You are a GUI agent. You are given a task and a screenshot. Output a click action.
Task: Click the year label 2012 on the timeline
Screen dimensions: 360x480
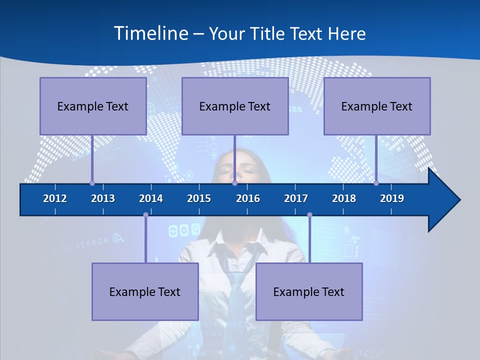coord(55,198)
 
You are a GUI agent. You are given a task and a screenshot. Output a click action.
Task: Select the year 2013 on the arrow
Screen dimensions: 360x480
coord(103,198)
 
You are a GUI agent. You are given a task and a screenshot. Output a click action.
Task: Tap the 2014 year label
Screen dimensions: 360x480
coord(151,198)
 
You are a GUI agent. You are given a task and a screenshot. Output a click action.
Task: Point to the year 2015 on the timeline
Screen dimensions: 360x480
coord(199,198)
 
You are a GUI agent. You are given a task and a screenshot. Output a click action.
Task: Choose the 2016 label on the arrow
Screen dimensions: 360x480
coord(248,198)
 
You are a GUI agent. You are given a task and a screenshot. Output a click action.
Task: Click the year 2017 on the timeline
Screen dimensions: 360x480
coord(296,198)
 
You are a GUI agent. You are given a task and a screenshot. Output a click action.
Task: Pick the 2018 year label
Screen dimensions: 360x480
coord(344,198)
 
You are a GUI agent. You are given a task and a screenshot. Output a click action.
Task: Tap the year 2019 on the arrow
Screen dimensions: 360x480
coord(392,198)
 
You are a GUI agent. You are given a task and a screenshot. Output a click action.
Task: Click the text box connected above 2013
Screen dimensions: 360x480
coord(93,106)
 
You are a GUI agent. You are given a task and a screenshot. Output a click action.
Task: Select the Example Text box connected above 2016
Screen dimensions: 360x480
coord(235,106)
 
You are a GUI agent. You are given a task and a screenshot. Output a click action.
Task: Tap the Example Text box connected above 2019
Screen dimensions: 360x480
coord(377,106)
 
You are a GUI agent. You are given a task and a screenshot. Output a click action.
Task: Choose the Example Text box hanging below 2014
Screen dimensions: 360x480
coord(145,291)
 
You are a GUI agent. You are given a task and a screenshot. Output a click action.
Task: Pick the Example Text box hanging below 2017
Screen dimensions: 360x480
coord(309,291)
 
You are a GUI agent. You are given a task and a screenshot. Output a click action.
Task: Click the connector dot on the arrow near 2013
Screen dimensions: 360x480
coord(92,183)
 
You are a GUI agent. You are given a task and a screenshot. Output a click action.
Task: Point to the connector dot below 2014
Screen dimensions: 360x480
coord(145,215)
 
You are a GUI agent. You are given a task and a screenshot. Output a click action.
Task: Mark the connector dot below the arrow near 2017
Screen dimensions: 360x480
coord(309,215)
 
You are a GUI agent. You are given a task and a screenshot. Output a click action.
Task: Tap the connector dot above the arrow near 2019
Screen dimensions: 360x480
coord(376,183)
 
